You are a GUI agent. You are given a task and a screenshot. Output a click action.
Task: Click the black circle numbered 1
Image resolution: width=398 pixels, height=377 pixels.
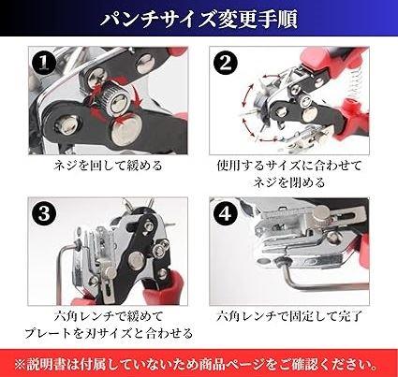(x=44, y=63)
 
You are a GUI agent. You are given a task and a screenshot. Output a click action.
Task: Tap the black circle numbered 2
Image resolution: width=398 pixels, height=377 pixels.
(x=226, y=64)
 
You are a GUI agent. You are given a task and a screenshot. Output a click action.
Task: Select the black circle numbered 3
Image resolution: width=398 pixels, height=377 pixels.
(x=44, y=214)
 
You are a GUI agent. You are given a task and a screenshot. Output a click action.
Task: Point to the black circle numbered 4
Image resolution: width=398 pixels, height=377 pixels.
(x=226, y=214)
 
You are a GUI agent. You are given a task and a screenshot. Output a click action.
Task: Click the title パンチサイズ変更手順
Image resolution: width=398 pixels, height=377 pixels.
(x=199, y=20)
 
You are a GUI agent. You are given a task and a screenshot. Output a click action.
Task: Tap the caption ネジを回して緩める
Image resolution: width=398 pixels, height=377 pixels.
(x=108, y=166)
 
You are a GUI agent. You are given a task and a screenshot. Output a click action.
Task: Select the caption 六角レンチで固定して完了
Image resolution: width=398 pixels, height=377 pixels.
(x=289, y=316)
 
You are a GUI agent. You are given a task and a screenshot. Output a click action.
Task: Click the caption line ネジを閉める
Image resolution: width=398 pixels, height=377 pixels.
(x=289, y=182)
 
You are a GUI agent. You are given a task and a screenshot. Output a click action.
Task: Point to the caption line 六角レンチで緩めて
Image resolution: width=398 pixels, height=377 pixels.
(x=109, y=316)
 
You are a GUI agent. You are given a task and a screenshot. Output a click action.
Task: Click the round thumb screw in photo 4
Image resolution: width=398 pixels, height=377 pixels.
(x=321, y=214)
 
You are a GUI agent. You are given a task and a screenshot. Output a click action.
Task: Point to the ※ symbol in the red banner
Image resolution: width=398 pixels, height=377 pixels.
(x=20, y=364)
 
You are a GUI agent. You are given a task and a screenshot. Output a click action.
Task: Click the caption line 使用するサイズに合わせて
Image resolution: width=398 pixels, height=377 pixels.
(x=289, y=166)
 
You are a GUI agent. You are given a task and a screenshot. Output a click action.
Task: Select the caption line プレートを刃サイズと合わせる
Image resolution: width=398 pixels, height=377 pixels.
(x=109, y=333)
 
